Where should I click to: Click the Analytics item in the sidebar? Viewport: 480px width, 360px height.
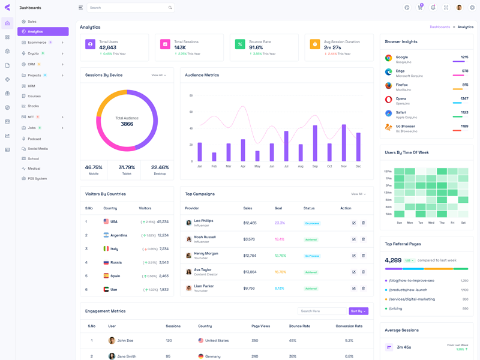pos(35,31)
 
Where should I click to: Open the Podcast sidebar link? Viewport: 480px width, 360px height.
pos(34,139)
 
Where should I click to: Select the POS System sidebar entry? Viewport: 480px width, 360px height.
pos(37,178)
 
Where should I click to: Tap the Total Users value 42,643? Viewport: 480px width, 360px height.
pos(108,47)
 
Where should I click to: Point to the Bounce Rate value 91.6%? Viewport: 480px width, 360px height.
pos(256,47)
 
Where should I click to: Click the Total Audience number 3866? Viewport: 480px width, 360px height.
pos(127,124)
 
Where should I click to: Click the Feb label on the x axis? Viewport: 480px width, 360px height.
pos(214,166)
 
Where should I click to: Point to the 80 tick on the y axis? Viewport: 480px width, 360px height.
pos(191,95)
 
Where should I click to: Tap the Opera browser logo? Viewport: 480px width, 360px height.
pos(389,100)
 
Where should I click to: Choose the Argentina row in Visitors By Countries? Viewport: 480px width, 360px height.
pos(119,235)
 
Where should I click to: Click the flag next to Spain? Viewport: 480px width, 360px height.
pos(106,276)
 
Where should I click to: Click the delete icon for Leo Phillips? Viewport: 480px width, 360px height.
pos(363,223)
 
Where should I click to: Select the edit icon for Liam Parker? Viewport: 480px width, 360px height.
pos(354,288)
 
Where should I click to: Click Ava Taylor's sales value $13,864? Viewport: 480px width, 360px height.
pos(250,272)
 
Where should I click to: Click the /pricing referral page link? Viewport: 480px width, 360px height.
pos(395,308)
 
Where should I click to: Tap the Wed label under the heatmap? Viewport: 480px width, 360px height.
pos(421,223)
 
